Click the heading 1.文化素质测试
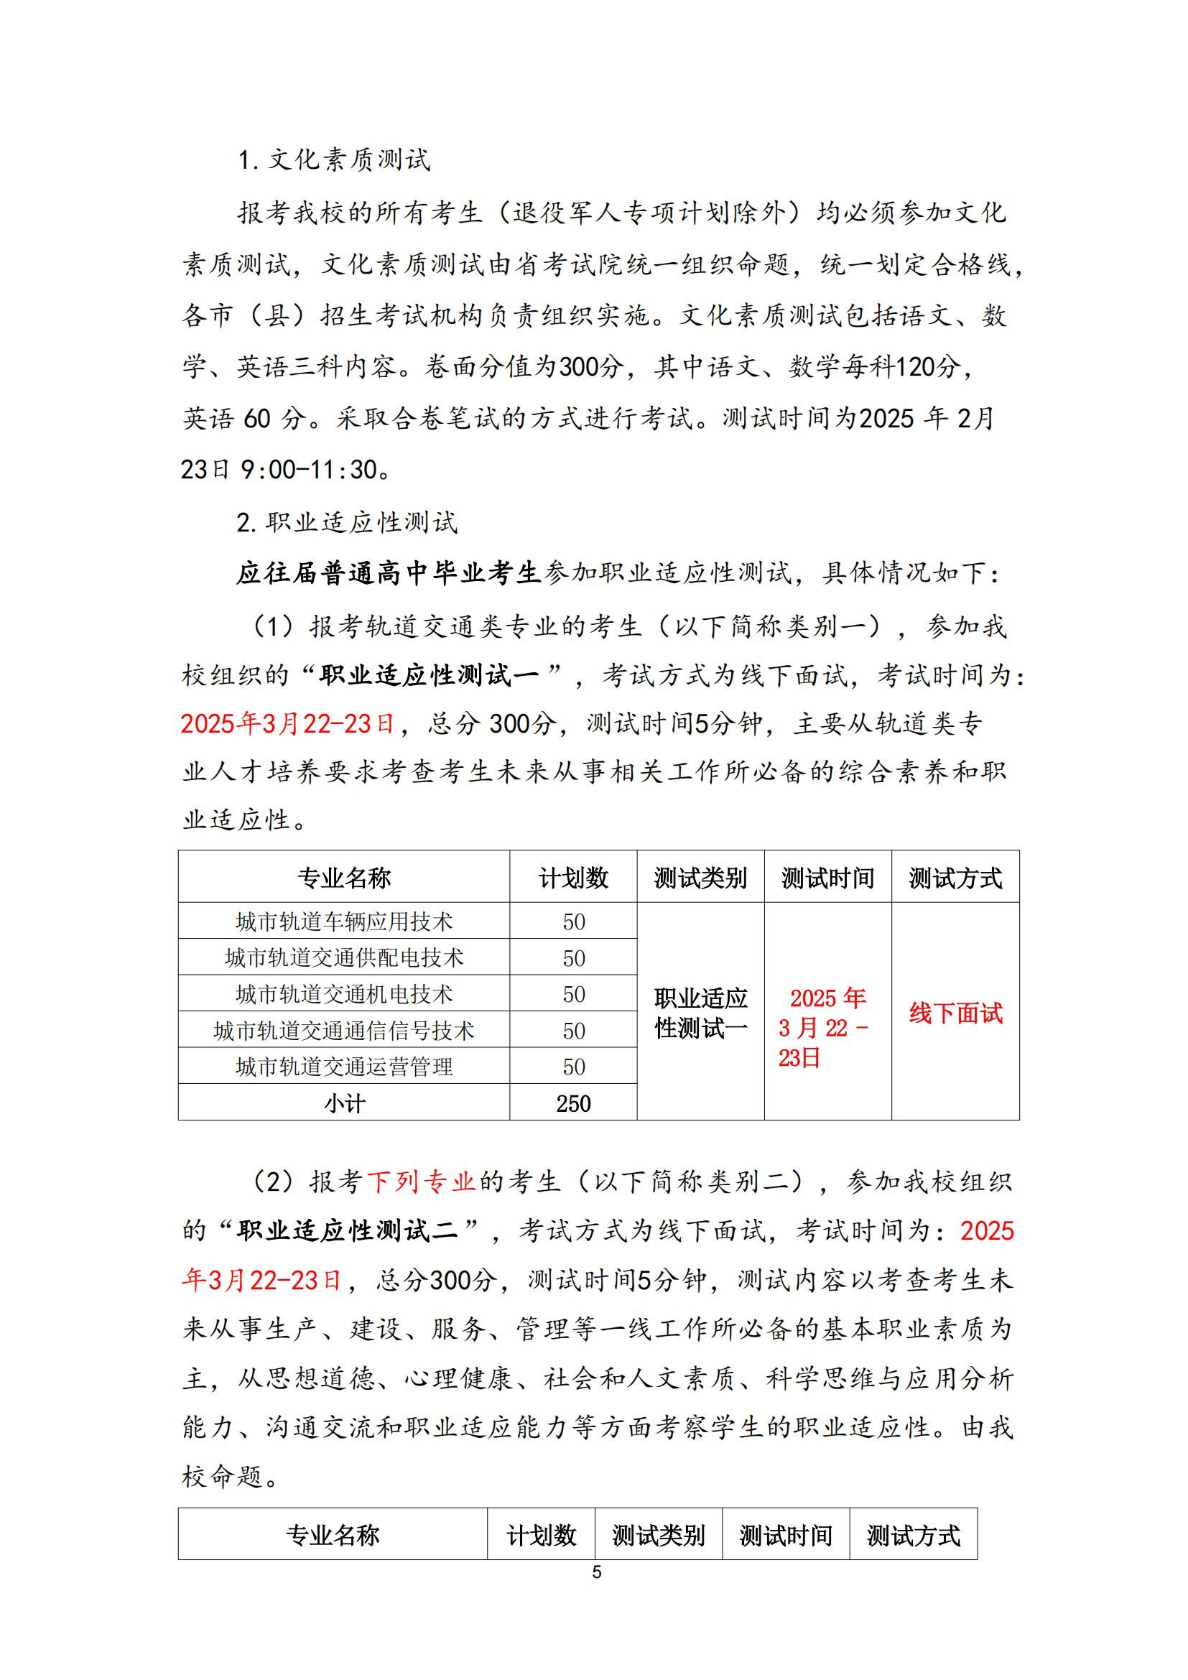334,159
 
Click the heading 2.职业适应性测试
347,521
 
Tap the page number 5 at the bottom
596,1572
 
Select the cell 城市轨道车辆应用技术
344,922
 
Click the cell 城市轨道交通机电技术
344,993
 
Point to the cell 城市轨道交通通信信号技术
344,1030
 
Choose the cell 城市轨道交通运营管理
344,1066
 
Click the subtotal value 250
572,1103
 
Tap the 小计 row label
344,1103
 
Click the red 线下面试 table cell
955,1013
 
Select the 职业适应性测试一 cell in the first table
700,1013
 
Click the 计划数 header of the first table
572,877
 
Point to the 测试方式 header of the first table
955,877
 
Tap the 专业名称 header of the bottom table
332,1534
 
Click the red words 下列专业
422,1181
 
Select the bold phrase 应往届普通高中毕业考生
389,573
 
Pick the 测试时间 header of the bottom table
785,1534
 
